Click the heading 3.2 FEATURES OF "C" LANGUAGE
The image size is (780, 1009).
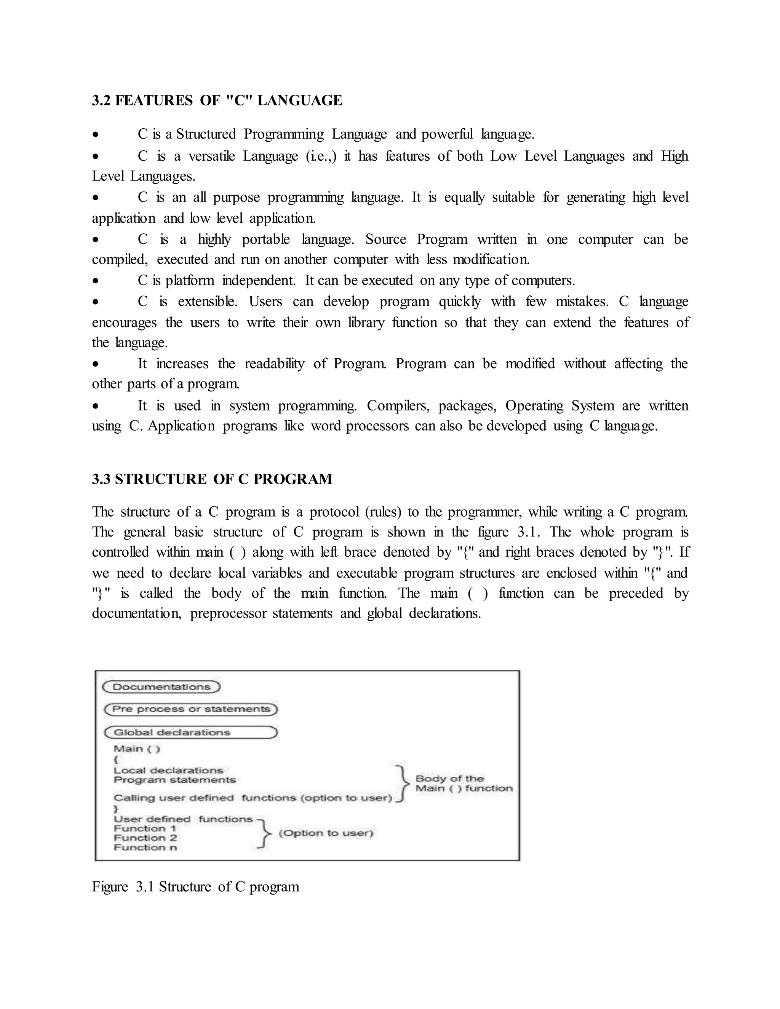click(217, 100)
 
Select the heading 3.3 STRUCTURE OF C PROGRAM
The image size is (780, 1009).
click(212, 479)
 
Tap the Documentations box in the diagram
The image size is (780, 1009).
click(161, 687)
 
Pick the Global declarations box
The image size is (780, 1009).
click(190, 732)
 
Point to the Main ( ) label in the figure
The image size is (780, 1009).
click(136, 749)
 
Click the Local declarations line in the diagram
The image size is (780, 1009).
click(168, 771)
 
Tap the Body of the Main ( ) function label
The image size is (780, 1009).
click(464, 784)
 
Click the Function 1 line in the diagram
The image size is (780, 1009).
click(145, 829)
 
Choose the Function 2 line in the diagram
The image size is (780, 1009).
click(145, 838)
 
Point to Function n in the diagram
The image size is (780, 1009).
click(145, 847)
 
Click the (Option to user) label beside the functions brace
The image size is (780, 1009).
click(326, 833)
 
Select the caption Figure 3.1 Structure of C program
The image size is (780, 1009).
click(195, 886)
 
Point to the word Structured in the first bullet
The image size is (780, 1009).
click(206, 134)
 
